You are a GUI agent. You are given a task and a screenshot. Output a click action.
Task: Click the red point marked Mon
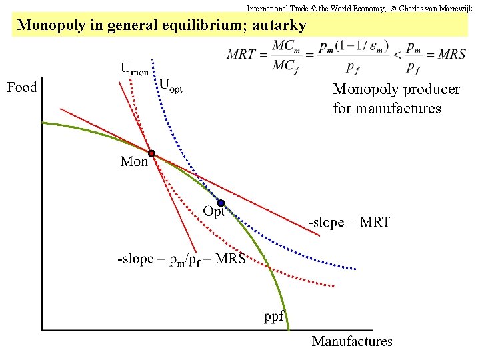(152, 153)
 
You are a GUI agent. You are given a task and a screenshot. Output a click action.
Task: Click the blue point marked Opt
(221, 203)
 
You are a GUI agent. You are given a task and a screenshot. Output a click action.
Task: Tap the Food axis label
(22, 87)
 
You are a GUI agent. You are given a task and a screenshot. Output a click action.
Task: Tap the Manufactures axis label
(351, 341)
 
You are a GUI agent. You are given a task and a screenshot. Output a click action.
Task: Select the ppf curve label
(275, 316)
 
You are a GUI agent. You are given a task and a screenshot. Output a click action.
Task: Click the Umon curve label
(135, 69)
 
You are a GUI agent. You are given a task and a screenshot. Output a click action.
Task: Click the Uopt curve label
(171, 85)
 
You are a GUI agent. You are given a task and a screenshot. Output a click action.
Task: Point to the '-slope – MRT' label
(349, 222)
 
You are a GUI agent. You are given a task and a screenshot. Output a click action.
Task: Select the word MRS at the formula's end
(451, 55)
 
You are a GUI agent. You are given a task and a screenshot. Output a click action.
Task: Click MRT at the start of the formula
(241, 55)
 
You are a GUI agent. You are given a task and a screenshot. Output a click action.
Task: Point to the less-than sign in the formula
(396, 55)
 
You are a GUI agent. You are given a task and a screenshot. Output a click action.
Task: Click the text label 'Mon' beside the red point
(134, 162)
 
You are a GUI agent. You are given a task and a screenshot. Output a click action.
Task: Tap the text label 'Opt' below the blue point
(214, 212)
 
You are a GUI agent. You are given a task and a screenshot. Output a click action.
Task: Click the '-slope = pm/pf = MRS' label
(181, 259)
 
